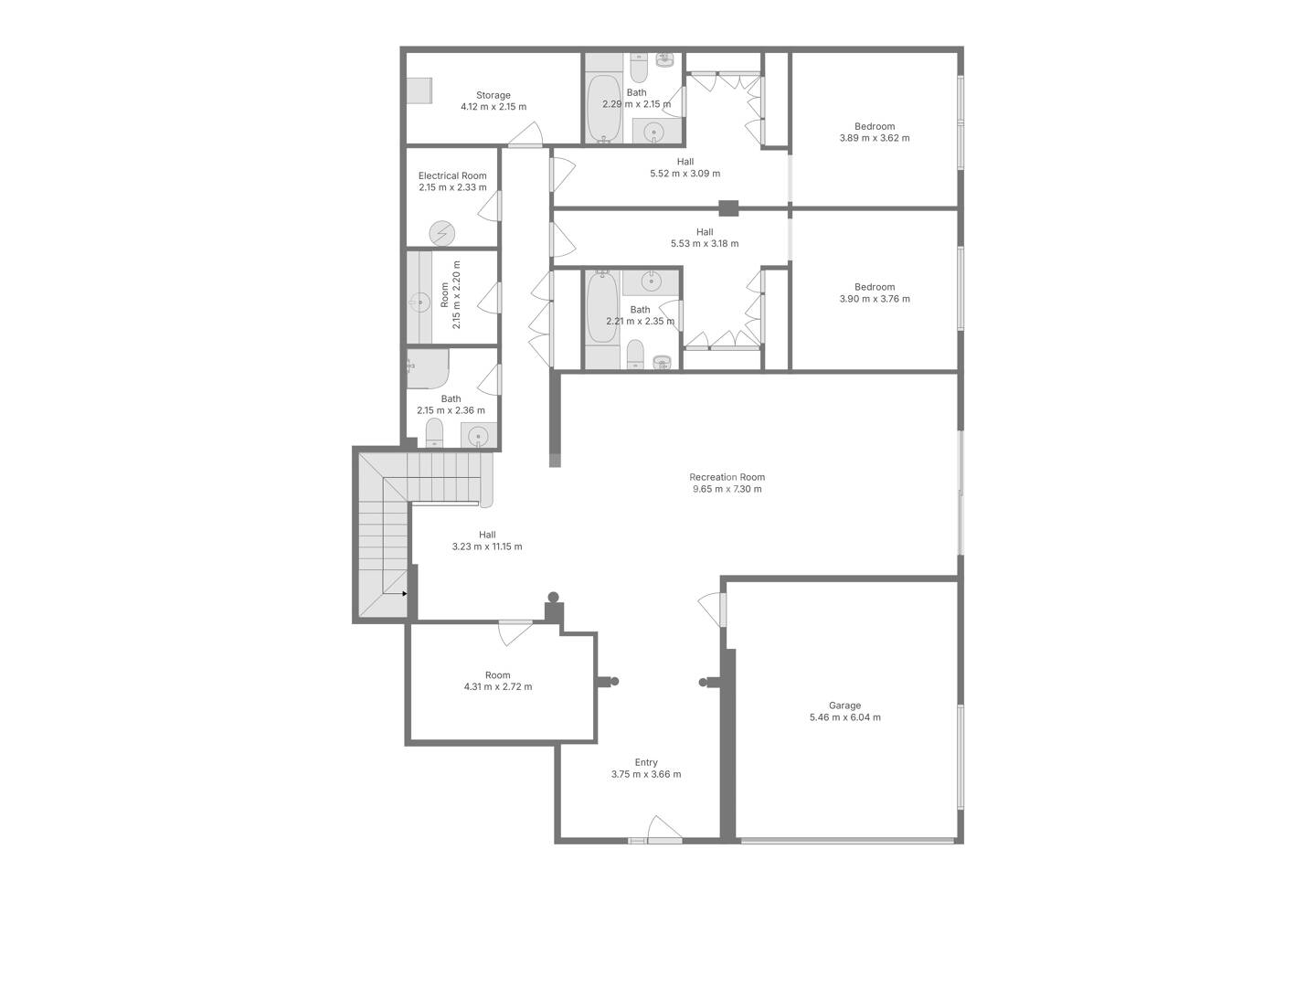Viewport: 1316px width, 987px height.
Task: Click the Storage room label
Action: (x=493, y=95)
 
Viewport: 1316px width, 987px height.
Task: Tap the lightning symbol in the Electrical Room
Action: (x=441, y=233)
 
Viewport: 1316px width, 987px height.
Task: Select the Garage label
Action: (x=844, y=706)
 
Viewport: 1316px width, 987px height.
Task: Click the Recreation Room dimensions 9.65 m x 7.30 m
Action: (x=727, y=489)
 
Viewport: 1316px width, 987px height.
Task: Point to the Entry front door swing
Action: (x=664, y=829)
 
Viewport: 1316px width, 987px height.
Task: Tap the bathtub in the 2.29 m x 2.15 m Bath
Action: (x=604, y=109)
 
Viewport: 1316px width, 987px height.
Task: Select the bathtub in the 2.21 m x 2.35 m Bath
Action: (x=602, y=307)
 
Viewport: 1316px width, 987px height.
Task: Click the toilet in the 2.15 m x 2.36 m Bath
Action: (x=434, y=432)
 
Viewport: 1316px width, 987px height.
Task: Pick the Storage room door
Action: (x=525, y=135)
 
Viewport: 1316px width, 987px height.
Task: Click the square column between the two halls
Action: (x=728, y=208)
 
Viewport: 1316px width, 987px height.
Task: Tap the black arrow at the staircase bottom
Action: (x=405, y=594)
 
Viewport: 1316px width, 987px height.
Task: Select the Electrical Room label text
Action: (x=452, y=175)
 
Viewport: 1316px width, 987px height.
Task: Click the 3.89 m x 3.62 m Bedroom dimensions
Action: (x=875, y=138)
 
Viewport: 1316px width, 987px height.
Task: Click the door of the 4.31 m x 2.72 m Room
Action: (x=515, y=632)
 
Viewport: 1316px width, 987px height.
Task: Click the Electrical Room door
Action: (x=490, y=207)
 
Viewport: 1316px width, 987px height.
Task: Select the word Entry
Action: (x=646, y=762)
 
